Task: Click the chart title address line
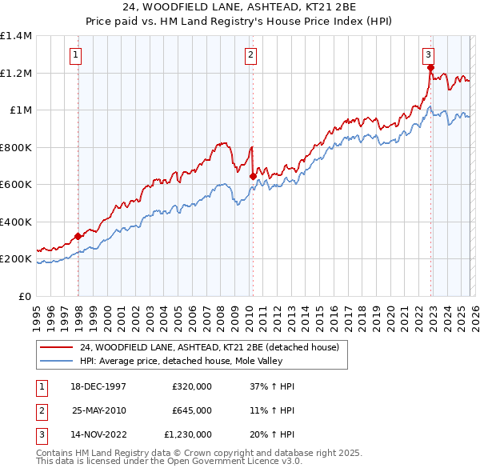239,7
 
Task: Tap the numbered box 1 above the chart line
74,55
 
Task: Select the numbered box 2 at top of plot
250,55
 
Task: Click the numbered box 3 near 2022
428,55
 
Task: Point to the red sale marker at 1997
78,237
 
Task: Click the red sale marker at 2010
253,176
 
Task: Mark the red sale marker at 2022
430,67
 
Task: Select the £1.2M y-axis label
16,73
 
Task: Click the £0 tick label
24,297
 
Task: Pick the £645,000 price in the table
191,410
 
